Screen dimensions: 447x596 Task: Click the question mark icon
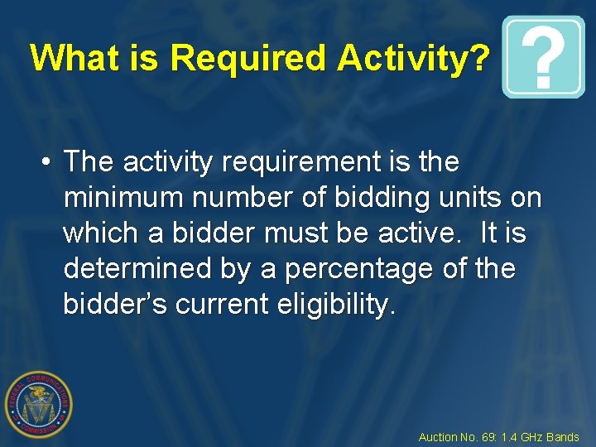543,57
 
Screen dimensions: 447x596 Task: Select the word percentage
339,269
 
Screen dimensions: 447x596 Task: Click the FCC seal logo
39,405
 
